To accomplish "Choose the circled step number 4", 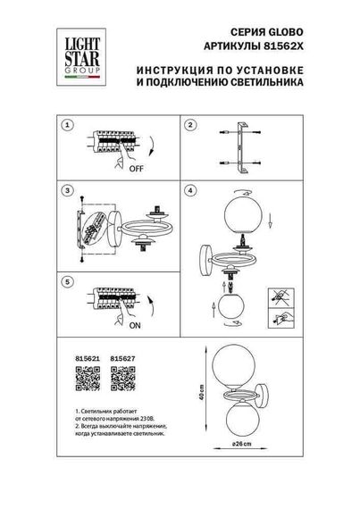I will pyautogui.click(x=189, y=191).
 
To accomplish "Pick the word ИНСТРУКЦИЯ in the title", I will pyautogui.click(x=174, y=67).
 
